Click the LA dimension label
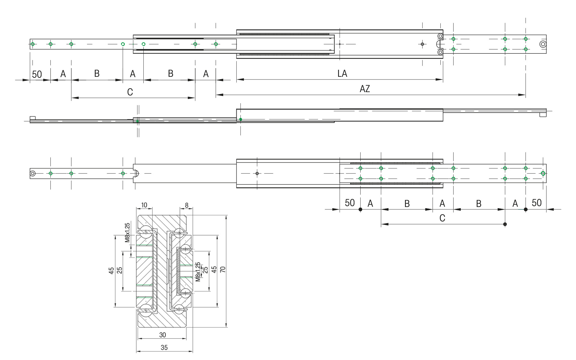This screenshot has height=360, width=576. point(342,73)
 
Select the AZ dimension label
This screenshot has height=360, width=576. point(364,89)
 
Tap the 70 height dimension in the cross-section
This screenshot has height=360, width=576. point(223,269)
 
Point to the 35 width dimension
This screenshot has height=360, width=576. point(164,347)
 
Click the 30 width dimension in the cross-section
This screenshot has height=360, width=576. point(162,335)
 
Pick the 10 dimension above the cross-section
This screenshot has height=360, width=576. point(144,205)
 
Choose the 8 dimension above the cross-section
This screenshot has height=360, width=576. point(187,205)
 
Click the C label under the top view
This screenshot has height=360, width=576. point(130,92)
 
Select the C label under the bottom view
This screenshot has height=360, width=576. point(442,218)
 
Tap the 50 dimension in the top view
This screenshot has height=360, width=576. point(37,74)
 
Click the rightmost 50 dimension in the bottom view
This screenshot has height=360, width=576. point(536,203)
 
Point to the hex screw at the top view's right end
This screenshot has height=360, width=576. point(543,44)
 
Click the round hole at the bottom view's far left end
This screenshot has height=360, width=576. point(33,173)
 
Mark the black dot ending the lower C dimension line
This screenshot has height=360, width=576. point(505,224)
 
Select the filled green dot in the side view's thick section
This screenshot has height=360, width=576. point(241,119)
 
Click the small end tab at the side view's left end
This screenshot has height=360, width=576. point(33,118)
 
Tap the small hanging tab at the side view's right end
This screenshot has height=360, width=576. point(543,115)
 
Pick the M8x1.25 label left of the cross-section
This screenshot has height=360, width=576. point(127,232)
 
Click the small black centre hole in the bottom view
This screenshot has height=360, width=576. point(257,173)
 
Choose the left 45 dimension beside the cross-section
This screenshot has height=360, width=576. point(111,271)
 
